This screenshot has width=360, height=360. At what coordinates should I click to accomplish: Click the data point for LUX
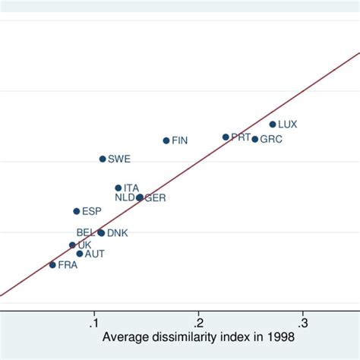(273, 125)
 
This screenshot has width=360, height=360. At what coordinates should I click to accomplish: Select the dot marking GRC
(255, 139)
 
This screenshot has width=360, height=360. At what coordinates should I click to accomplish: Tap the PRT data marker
(226, 137)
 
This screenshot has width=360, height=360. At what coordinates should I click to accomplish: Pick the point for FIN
(166, 141)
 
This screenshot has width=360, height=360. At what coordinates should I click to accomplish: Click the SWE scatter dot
(103, 159)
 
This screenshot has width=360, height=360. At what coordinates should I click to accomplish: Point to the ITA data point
(118, 188)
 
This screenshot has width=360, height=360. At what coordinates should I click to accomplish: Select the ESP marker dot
(77, 211)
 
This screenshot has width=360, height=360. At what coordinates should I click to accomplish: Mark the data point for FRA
(52, 265)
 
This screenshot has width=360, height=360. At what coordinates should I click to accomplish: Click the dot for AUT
(80, 254)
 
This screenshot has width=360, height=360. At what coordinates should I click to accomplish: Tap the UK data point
(73, 245)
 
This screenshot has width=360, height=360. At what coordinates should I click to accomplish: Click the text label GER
(155, 197)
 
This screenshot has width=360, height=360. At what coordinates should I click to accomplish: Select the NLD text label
(125, 197)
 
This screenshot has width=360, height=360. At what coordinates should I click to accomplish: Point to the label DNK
(118, 233)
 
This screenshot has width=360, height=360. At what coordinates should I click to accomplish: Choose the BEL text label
(86, 232)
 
